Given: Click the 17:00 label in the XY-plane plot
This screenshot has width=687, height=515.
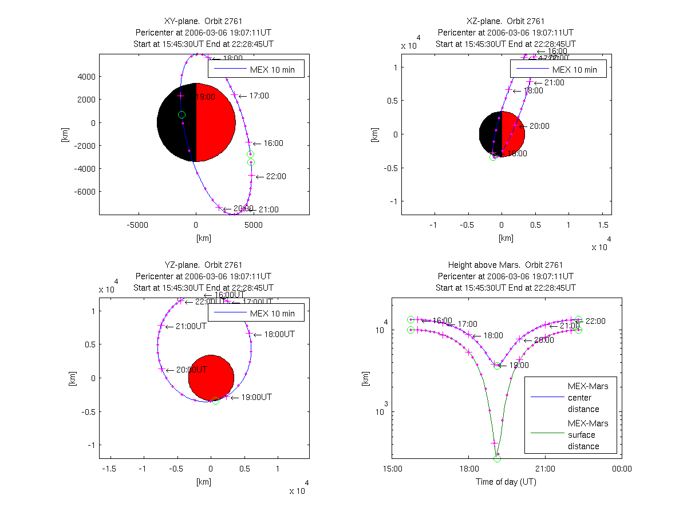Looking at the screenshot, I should click(x=259, y=96).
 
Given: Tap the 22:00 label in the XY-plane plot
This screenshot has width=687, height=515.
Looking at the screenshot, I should click(x=276, y=176).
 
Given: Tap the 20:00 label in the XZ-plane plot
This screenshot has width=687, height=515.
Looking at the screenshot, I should click(x=539, y=126).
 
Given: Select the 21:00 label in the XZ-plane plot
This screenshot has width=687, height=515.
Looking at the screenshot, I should click(x=554, y=82).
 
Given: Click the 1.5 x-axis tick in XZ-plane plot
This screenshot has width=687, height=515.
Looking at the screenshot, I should click(x=603, y=225).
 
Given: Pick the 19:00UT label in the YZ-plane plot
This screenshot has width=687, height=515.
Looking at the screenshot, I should click(x=256, y=397).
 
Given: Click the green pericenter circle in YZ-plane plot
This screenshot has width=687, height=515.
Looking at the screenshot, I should click(x=215, y=401).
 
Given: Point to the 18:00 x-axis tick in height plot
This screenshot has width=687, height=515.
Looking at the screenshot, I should click(x=468, y=469).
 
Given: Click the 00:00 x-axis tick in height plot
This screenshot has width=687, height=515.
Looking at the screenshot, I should click(x=622, y=469).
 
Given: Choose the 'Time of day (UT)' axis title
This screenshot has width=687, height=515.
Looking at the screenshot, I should click(x=506, y=482).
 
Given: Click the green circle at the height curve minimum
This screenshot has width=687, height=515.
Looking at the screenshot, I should click(x=497, y=458).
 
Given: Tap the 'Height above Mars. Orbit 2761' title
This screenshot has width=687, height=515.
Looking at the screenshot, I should click(x=506, y=265).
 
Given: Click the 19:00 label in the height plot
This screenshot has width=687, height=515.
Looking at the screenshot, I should click(x=519, y=365).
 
